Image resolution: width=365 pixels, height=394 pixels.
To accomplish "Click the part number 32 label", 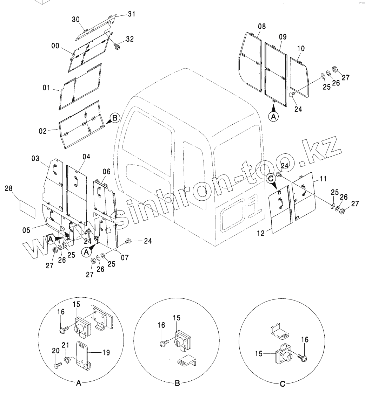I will point(130,39).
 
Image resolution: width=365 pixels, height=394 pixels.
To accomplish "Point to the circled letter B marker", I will point(115,118).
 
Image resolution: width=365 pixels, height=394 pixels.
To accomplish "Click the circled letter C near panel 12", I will point(271,179).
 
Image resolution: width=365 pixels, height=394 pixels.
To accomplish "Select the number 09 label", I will point(283,37).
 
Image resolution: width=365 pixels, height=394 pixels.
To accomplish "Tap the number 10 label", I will point(301,48).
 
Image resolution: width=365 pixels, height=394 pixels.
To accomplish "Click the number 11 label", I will point(323,179).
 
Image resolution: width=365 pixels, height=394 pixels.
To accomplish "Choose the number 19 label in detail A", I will point(106,353).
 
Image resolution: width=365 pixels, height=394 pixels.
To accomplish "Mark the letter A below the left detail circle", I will point(79,383).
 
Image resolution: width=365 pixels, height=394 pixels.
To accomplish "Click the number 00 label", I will point(55,46).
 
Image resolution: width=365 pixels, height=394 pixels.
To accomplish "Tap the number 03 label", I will point(35,159).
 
